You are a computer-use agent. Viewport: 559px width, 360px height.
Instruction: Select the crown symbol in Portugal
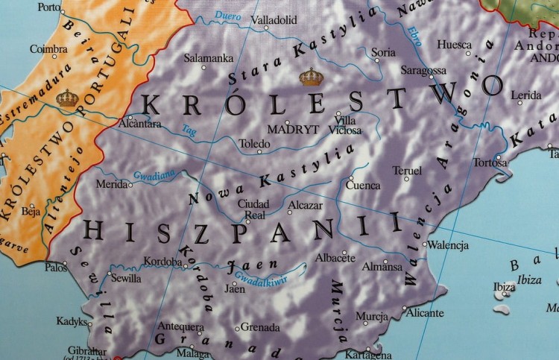(x=67, y=97)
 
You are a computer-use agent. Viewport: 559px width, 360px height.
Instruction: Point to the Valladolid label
(x=274, y=20)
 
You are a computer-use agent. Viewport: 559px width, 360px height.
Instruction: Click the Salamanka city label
(x=209, y=57)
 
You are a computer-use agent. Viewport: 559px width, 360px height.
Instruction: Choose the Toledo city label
(x=256, y=142)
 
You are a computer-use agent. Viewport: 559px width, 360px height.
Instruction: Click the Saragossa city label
(x=423, y=70)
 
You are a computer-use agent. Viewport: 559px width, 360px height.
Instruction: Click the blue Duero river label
(x=228, y=16)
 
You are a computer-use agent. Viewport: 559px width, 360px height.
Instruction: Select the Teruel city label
(x=407, y=171)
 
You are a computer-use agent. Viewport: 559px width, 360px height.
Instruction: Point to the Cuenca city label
(x=364, y=186)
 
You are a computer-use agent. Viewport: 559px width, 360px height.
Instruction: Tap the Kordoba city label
(x=165, y=262)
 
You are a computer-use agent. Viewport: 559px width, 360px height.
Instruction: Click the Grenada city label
(x=260, y=327)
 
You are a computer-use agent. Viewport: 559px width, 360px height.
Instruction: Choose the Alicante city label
(x=426, y=313)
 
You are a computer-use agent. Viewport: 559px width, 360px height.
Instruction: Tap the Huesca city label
(x=454, y=45)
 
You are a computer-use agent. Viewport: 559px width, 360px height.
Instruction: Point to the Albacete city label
(x=335, y=257)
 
